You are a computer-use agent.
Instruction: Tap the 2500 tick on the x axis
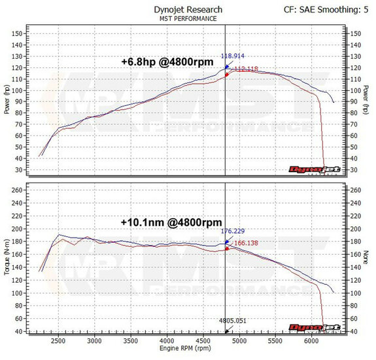click(x=58, y=340)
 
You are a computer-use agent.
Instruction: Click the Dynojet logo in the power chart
click(x=307, y=169)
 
